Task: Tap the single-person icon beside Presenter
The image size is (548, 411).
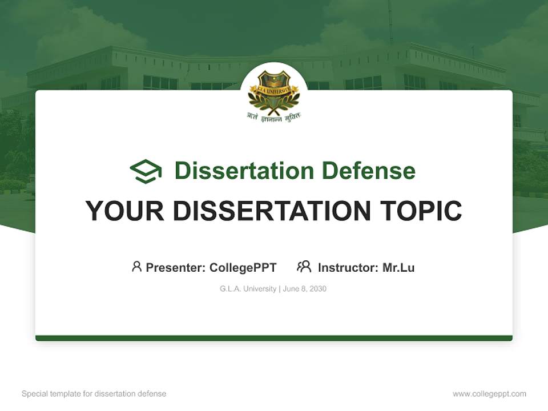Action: point(136,267)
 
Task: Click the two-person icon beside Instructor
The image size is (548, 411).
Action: point(304,267)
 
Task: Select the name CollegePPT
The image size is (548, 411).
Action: point(243,267)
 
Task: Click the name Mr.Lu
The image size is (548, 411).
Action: point(398,267)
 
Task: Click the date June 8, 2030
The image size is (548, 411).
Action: point(305,289)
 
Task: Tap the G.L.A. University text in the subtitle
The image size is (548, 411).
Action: point(248,289)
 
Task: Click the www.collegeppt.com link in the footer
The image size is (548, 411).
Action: point(489,394)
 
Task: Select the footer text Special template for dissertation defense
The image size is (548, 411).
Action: point(94,394)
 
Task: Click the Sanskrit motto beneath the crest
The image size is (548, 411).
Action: point(274,116)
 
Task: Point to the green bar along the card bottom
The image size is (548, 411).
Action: point(274,338)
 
